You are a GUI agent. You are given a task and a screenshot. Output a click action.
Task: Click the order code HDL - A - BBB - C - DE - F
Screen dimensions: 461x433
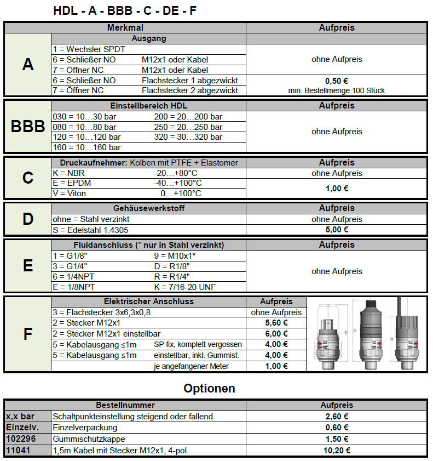pyautogui.click(x=125, y=10)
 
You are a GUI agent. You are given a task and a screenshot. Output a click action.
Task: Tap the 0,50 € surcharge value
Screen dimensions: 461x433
pyautogui.click(x=337, y=80)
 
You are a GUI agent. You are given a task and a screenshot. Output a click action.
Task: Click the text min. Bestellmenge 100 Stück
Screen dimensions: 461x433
pyautogui.click(x=337, y=90)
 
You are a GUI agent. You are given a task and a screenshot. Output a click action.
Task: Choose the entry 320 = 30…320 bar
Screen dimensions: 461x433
pyautogui.click(x=188, y=137)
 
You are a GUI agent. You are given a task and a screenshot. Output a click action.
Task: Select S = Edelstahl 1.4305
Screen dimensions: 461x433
pyautogui.click(x=90, y=230)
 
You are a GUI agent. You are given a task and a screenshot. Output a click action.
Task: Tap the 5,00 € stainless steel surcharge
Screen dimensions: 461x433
pyautogui.click(x=337, y=230)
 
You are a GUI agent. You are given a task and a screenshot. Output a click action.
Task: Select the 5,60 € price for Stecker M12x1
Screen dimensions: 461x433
pyautogui.click(x=276, y=323)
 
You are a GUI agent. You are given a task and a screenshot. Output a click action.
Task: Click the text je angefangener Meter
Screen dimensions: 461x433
pyautogui.click(x=191, y=366)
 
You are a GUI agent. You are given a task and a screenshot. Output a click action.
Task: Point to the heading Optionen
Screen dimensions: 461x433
pyautogui.click(x=209, y=389)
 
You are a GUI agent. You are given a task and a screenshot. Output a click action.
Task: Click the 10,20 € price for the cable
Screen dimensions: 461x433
pyautogui.click(x=337, y=451)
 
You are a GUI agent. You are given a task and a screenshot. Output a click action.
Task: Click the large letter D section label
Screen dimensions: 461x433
pyautogui.click(x=28, y=219)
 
